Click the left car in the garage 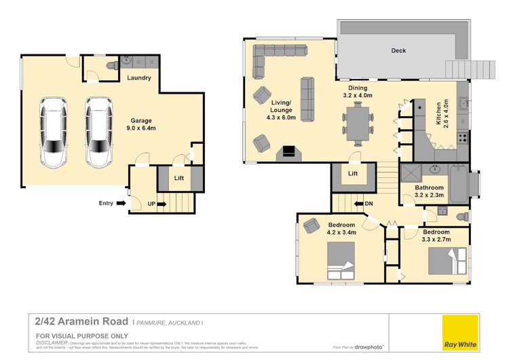click(54, 133)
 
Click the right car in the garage click(98, 133)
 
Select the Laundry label click(139, 78)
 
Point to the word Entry click(107, 202)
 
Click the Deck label click(398, 50)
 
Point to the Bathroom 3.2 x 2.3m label click(429, 192)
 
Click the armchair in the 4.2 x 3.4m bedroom click(312, 226)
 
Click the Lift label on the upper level click(352, 174)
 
